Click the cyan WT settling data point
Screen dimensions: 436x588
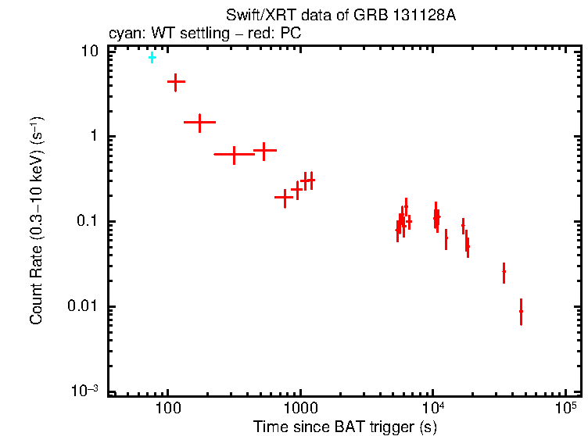[x=152, y=58]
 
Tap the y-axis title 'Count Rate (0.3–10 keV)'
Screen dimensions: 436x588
[x=36, y=221]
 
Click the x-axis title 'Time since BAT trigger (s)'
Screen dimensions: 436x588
[x=345, y=427]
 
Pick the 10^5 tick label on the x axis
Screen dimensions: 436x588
[x=565, y=408]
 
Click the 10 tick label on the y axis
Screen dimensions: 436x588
[x=91, y=52]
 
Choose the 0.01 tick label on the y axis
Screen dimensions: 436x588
[x=85, y=307]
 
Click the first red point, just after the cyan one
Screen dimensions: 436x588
[x=176, y=81]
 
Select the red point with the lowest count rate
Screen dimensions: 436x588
[x=521, y=311]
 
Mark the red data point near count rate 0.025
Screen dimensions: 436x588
[x=504, y=271]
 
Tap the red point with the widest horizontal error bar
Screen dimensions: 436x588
[x=234, y=154]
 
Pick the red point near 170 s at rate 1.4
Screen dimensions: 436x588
[x=199, y=122]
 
